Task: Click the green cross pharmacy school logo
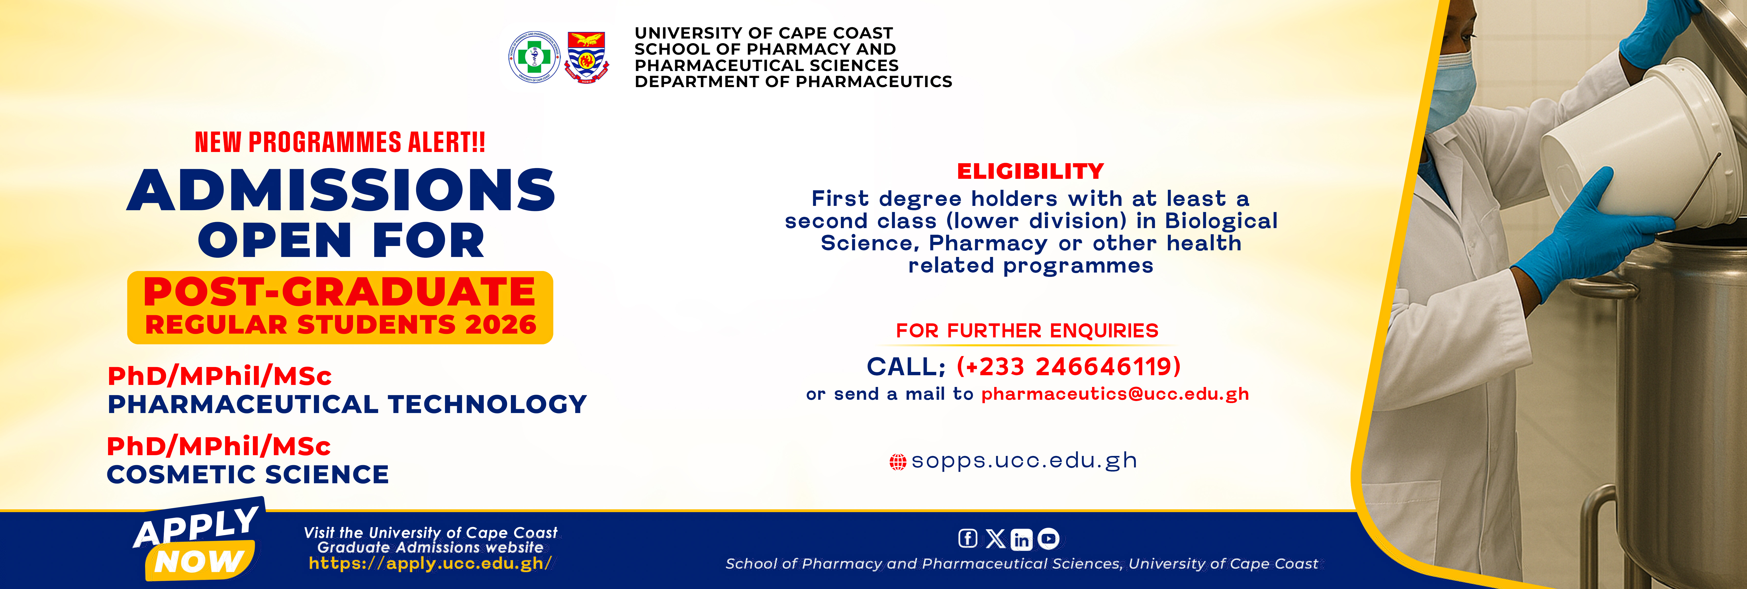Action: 534,57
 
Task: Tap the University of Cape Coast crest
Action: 587,57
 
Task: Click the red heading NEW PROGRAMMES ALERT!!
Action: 340,142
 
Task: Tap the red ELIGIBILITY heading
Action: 1030,171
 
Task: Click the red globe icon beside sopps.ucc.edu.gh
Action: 897,462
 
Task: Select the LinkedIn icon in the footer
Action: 1021,539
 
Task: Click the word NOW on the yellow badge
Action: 199,562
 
